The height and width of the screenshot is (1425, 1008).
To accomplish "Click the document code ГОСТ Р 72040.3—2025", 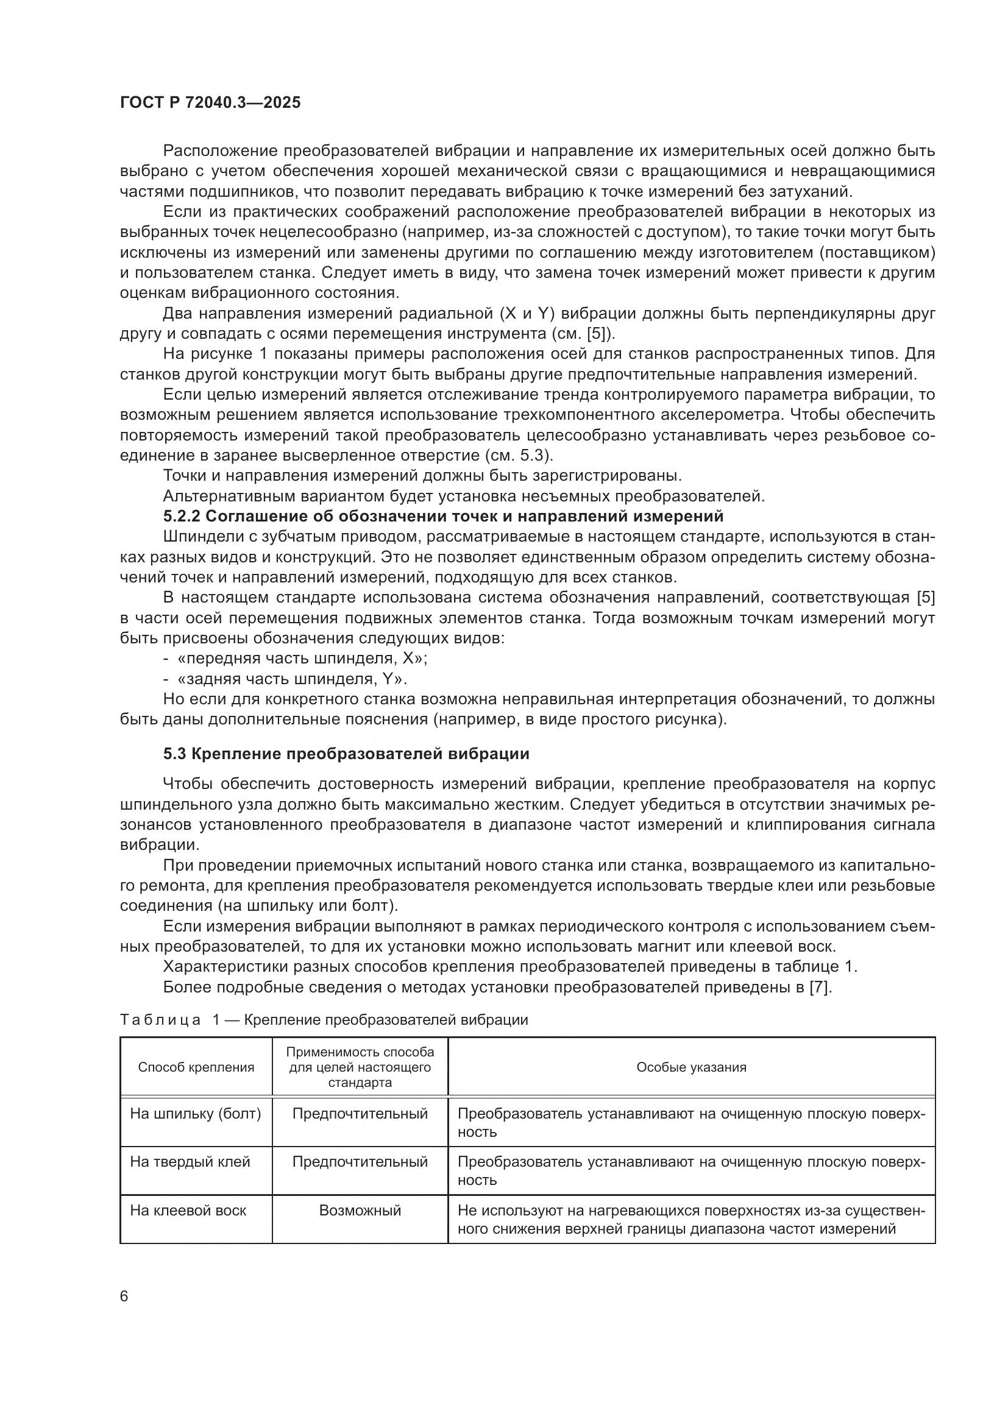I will point(210,103).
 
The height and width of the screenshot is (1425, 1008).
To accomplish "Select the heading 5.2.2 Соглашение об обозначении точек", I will point(443,517).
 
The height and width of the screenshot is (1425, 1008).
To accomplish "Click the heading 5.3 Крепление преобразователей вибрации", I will point(346,754).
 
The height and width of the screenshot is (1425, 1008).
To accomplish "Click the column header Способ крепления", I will point(196,1067).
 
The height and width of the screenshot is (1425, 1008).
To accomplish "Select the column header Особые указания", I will point(691,1067).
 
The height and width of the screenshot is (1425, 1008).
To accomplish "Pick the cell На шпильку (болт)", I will point(196,1114).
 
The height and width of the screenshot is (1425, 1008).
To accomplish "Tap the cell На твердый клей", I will point(190,1162).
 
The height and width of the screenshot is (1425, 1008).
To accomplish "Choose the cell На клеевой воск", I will point(188,1211).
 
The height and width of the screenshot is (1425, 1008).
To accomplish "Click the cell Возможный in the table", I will point(360,1211).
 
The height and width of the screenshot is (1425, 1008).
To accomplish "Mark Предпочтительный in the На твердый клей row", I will point(360,1162).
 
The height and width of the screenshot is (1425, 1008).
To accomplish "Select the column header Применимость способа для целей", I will point(360,1067).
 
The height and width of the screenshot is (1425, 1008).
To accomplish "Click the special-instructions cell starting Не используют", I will point(691,1220).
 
